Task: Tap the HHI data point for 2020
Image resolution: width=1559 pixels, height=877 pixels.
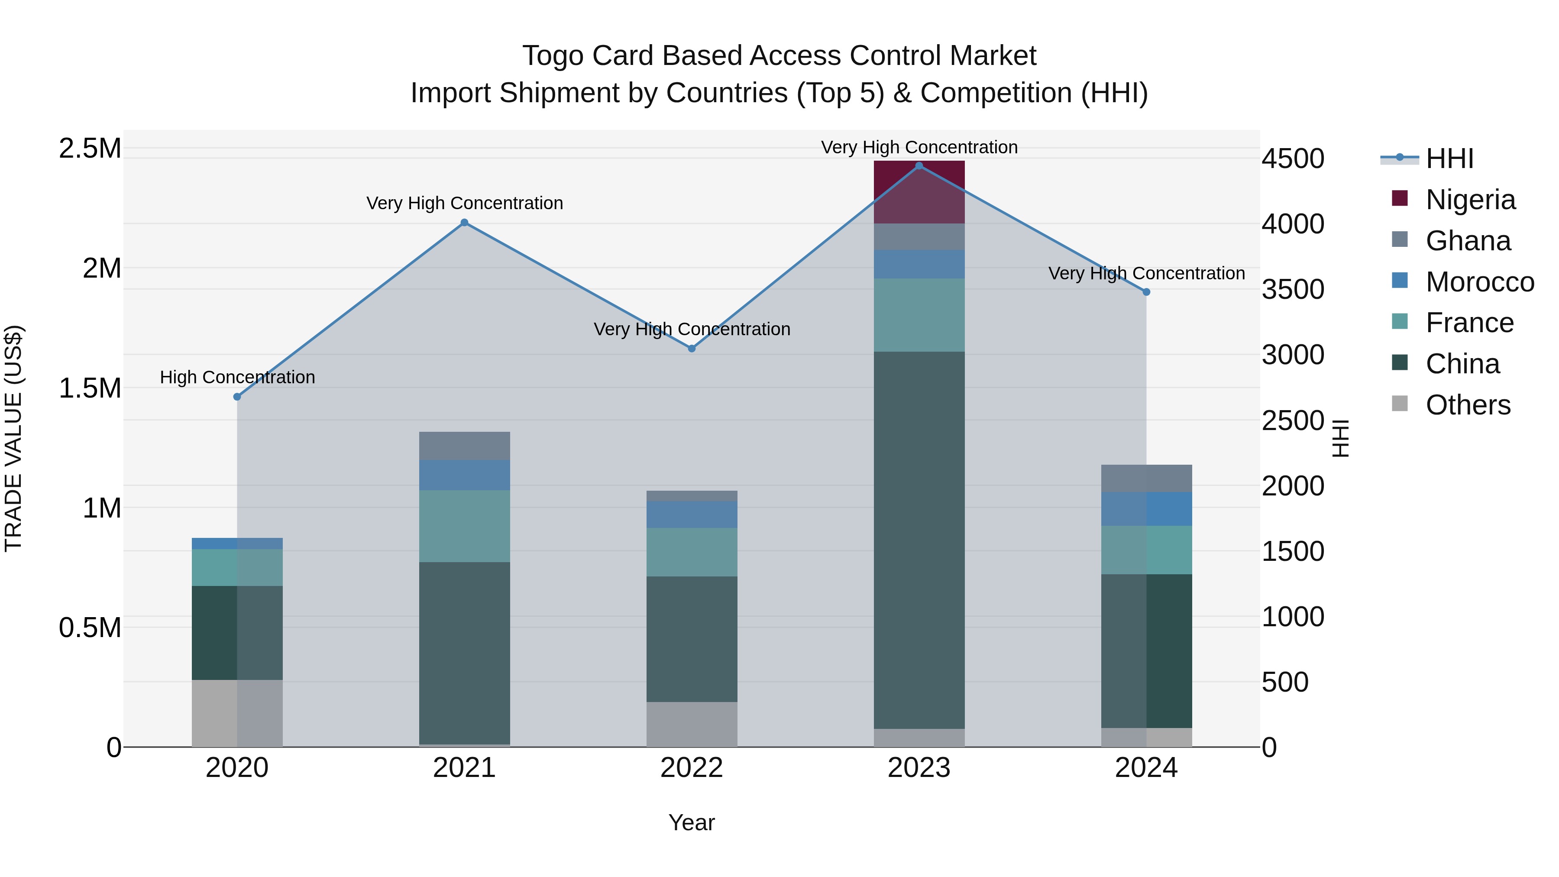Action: point(237,397)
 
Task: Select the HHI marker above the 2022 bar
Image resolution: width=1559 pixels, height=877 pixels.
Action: point(692,349)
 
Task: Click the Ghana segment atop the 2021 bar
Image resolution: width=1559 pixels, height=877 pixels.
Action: point(464,446)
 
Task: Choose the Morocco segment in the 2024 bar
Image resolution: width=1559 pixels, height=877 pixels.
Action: point(1146,508)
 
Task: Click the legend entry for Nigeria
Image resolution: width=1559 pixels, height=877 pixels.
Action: point(1470,200)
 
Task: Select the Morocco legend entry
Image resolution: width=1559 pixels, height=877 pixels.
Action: point(1479,282)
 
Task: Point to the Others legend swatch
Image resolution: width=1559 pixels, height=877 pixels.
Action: point(1400,404)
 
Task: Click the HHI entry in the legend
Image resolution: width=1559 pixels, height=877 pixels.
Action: point(1449,159)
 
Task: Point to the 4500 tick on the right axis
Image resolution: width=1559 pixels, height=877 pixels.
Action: point(1293,159)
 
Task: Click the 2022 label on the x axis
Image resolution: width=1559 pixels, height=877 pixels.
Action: point(692,768)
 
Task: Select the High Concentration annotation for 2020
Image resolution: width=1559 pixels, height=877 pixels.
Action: point(237,377)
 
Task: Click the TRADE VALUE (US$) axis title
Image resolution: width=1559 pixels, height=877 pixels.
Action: point(13,438)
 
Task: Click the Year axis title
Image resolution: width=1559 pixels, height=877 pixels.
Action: point(691,822)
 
